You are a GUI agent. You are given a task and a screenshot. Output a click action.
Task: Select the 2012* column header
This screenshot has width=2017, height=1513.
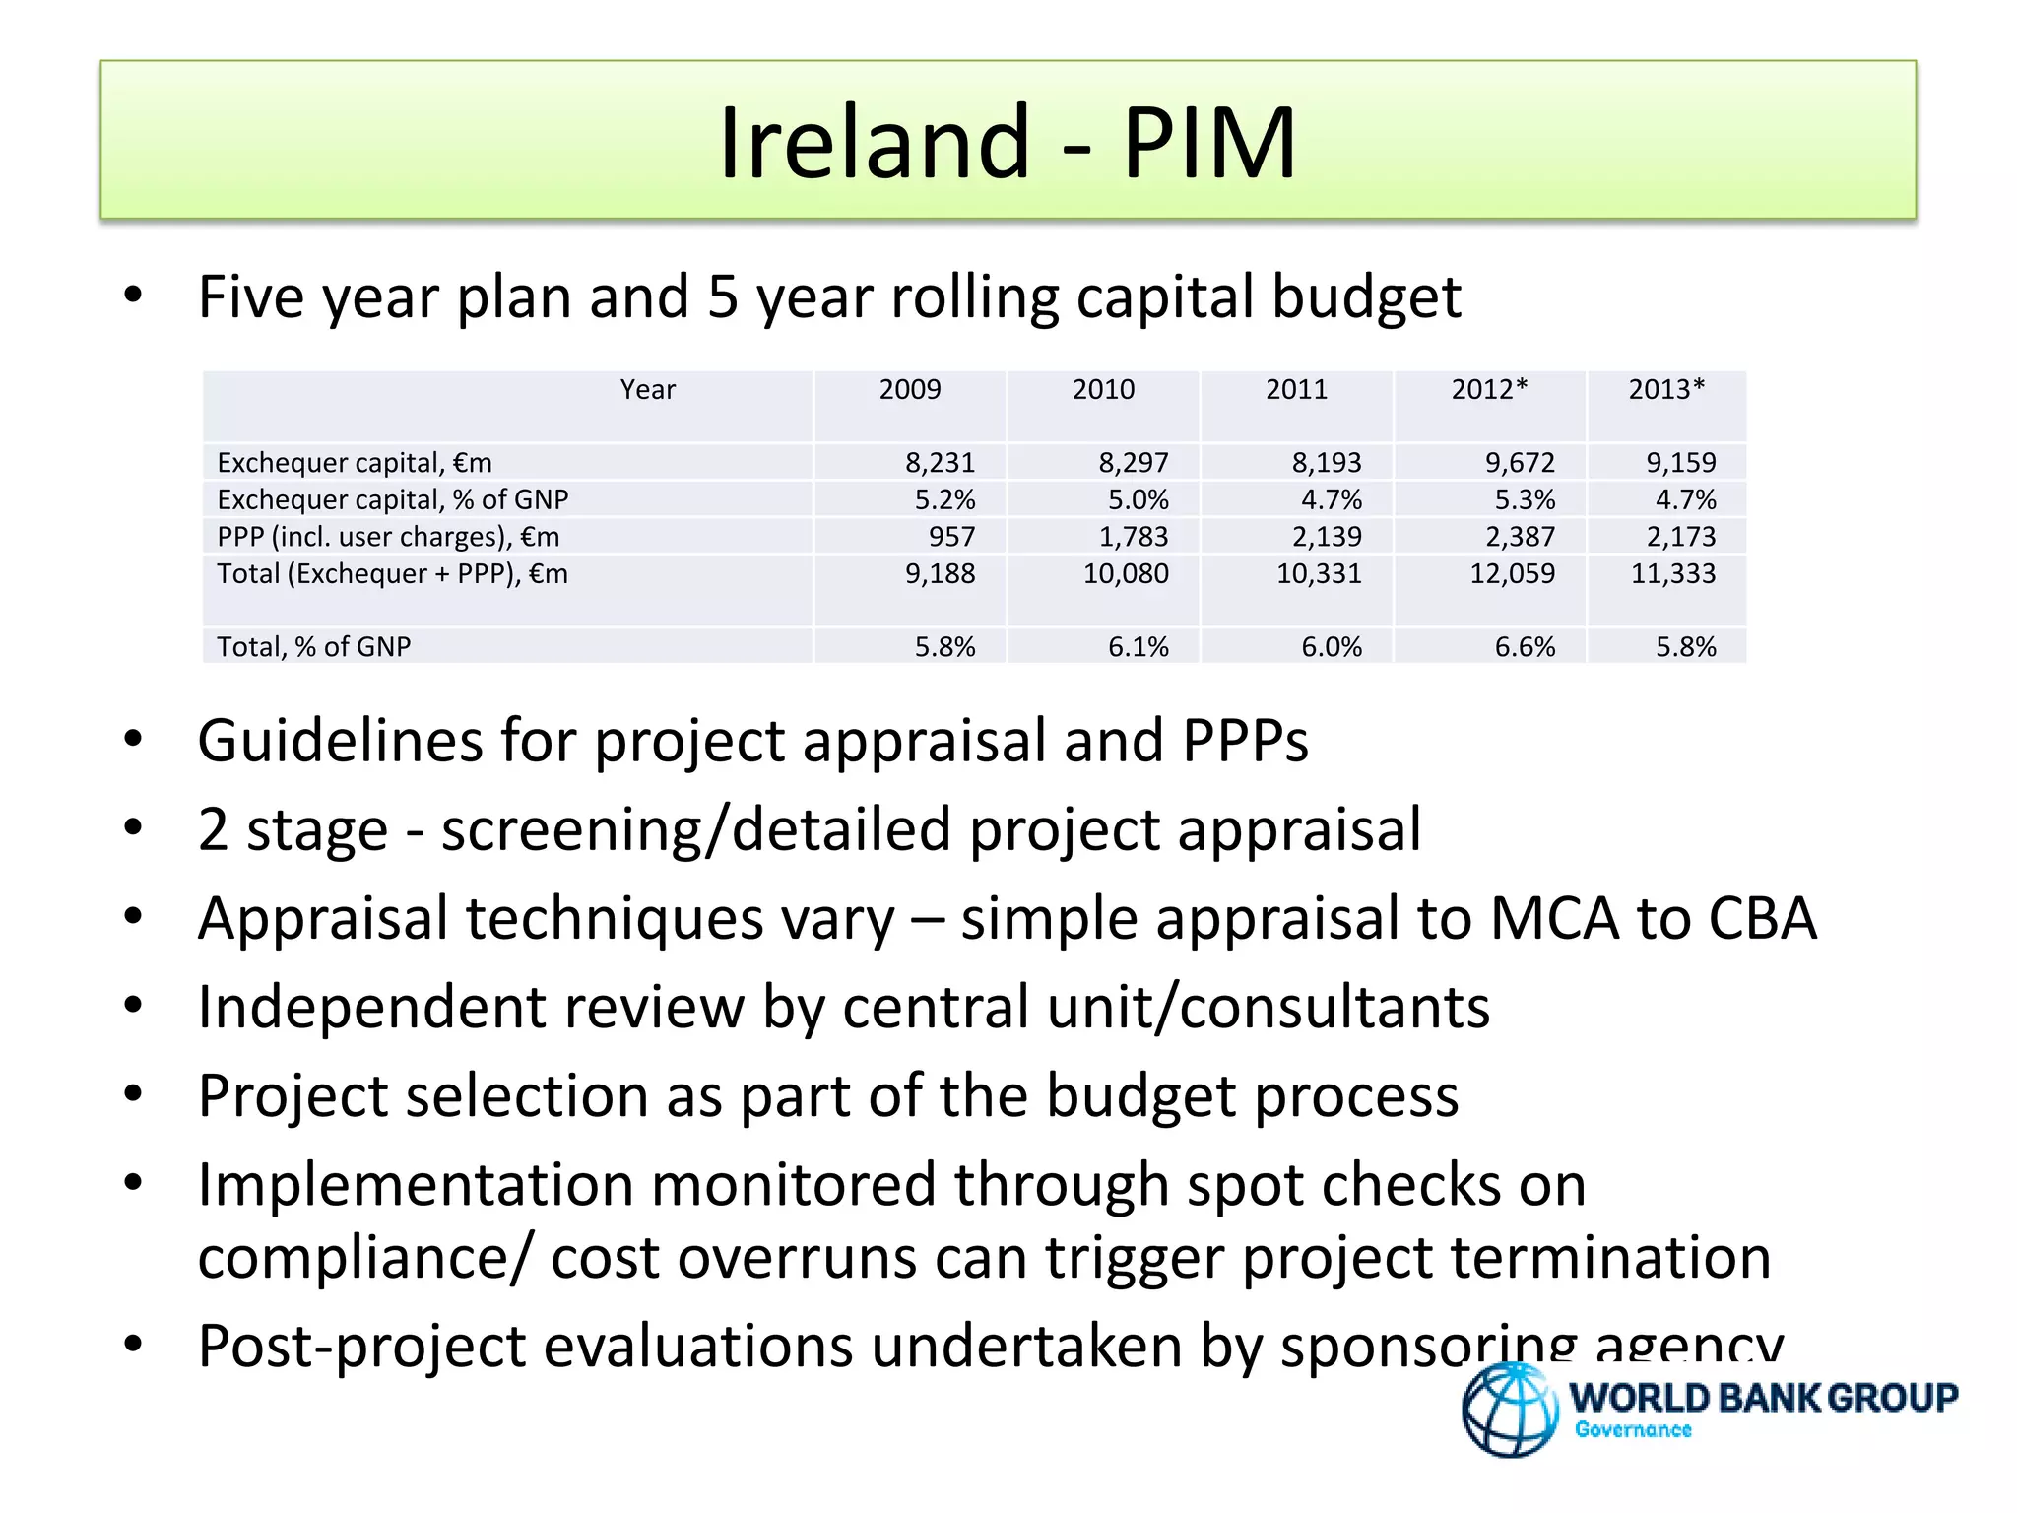pyautogui.click(x=1489, y=390)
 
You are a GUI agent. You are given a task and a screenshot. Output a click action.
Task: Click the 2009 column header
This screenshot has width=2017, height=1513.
pyautogui.click(x=910, y=390)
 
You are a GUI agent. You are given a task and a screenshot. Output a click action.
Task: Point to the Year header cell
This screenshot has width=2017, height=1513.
pyautogui.click(x=647, y=390)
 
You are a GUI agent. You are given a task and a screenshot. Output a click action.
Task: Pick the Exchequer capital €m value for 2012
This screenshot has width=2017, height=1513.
pyautogui.click(x=1520, y=462)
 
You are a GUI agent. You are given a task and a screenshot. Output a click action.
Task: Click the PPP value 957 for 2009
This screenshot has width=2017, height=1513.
pyautogui.click(x=951, y=537)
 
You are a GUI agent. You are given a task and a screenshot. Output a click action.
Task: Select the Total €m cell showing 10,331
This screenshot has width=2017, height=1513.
pyautogui.click(x=1319, y=573)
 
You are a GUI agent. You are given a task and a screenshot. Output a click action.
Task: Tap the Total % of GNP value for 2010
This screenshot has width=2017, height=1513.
pyautogui.click(x=1138, y=647)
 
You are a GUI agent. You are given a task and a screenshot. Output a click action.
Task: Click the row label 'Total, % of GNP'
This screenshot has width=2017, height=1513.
pyautogui.click(x=313, y=647)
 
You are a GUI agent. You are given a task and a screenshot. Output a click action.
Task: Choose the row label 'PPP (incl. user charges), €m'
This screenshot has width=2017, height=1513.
pyautogui.click(x=388, y=537)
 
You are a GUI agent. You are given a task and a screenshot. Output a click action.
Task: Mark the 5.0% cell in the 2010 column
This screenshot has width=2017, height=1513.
pyautogui.click(x=1138, y=499)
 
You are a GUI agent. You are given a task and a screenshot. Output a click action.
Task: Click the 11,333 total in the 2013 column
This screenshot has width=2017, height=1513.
pyautogui.click(x=1672, y=573)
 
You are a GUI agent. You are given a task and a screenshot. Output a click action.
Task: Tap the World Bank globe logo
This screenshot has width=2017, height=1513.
pyautogui.click(x=1510, y=1409)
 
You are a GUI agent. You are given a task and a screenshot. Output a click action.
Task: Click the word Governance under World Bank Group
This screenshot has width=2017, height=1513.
pyautogui.click(x=1633, y=1430)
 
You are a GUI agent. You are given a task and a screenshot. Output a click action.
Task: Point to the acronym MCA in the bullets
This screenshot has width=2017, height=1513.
pyautogui.click(x=1554, y=919)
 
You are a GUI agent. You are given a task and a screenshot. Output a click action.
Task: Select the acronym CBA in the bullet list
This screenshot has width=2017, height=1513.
pyautogui.click(x=1762, y=919)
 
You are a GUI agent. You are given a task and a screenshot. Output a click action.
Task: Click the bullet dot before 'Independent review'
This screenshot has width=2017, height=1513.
pyautogui.click(x=134, y=1006)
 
